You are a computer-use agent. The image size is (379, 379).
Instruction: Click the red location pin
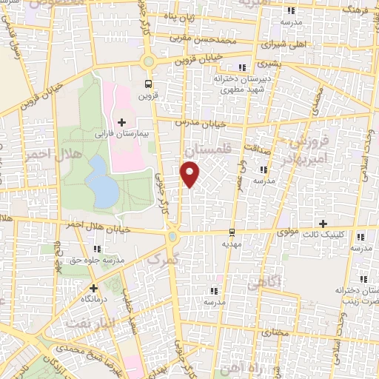tap(190, 175)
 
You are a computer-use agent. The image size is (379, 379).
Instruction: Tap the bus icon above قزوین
tap(149, 83)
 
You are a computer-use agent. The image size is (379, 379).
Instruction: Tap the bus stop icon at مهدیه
tap(232, 231)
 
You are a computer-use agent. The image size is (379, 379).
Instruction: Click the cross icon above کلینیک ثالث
tap(322, 223)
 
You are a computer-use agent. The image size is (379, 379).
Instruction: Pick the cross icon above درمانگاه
tap(93, 288)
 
